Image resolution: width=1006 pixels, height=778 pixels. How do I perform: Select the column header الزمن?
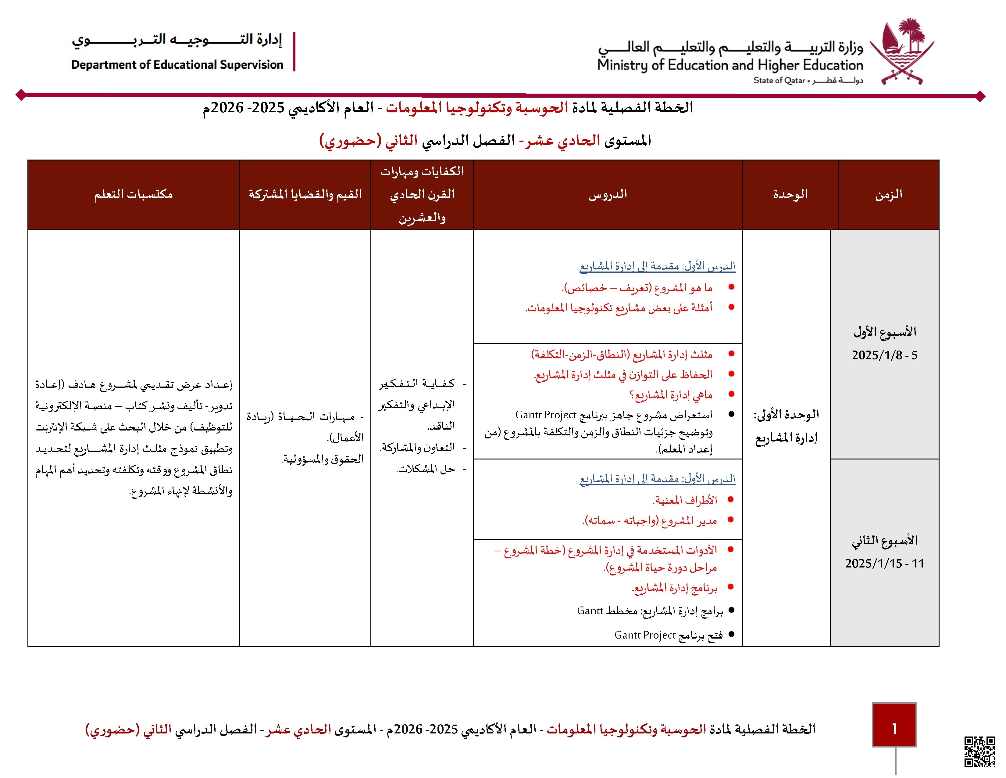coord(889,195)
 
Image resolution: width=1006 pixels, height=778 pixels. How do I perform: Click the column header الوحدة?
coord(790,195)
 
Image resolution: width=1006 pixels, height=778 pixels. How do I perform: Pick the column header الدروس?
coord(608,195)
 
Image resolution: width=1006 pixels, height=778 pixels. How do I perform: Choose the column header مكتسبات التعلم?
coord(134,195)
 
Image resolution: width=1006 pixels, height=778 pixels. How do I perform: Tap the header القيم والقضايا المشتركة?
coord(305,195)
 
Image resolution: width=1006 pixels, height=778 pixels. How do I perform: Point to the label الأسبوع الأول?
coord(884,332)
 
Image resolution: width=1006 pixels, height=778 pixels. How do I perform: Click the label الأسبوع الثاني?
coord(884,540)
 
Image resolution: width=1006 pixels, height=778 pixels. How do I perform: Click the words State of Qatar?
coord(779,81)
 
